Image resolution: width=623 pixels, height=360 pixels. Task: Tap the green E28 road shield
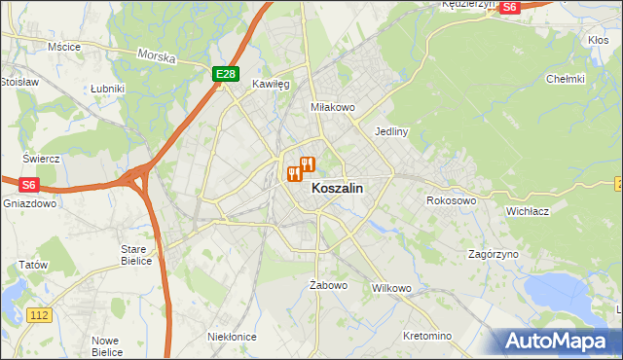(225, 74)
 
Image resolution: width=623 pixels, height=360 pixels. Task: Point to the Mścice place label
(63, 46)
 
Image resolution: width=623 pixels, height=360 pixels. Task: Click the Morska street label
(156, 57)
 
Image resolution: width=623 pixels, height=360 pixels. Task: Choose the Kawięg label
(272, 85)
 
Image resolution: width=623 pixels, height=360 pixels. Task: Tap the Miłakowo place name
(331, 107)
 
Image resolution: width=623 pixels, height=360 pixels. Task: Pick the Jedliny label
(391, 129)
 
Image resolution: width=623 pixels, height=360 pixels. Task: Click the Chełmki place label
(565, 79)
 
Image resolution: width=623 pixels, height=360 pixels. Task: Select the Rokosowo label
(451, 200)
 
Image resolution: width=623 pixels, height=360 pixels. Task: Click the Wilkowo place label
(392, 289)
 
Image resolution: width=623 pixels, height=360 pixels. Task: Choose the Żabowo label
(328, 285)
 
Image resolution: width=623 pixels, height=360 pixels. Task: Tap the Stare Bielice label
(134, 255)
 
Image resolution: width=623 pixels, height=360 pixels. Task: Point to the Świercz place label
(42, 158)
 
